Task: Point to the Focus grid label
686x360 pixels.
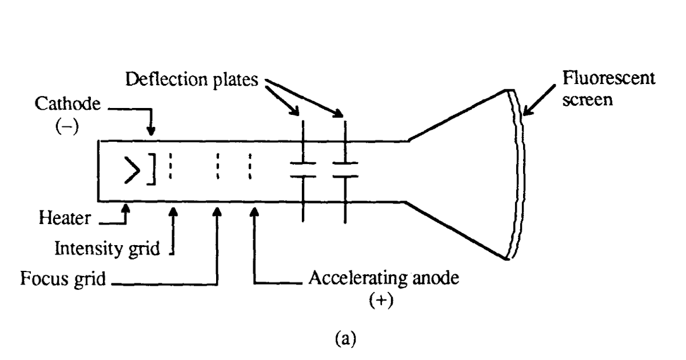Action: (x=62, y=280)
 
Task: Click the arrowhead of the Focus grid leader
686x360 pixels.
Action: (x=217, y=211)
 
